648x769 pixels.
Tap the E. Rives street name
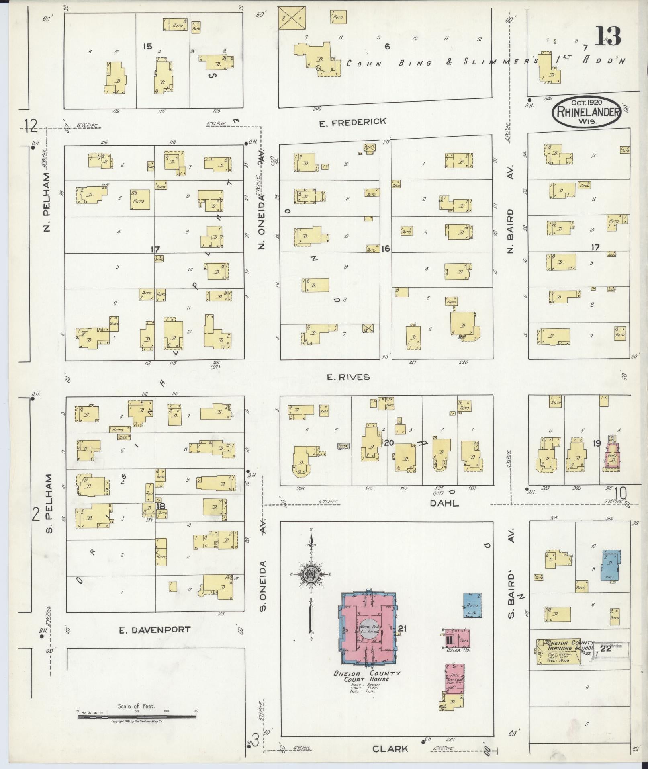pyautogui.click(x=348, y=377)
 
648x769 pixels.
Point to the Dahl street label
pyautogui.click(x=444, y=503)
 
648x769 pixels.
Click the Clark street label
pyautogui.click(x=390, y=748)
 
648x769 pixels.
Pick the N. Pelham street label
pyautogui.click(x=47, y=202)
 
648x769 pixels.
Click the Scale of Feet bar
pyautogui.click(x=137, y=717)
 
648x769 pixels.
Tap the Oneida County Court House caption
pyautogui.click(x=368, y=676)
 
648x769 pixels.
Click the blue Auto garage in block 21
pyautogui.click(x=472, y=605)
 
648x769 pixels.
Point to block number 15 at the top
pyautogui.click(x=147, y=47)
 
